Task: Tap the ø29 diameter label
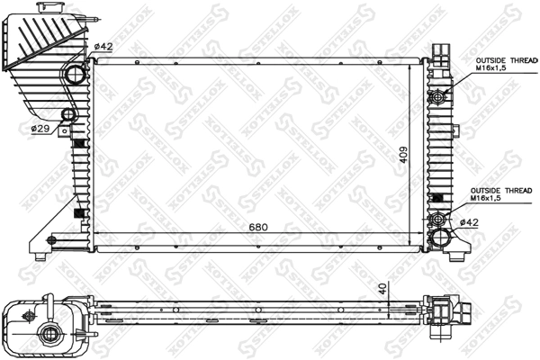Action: click(40, 129)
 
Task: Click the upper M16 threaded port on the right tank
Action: click(438, 96)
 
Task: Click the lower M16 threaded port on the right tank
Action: click(438, 219)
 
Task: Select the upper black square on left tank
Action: click(78, 144)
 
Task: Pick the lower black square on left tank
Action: click(77, 214)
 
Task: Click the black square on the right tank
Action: click(438, 199)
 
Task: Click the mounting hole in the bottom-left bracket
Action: click(50, 240)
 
